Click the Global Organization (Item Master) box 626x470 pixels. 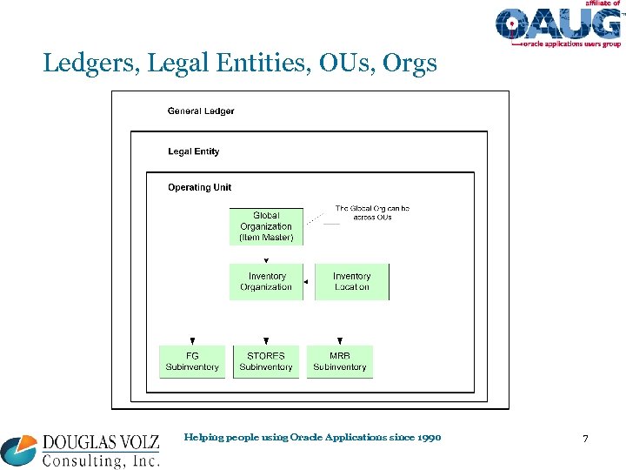pyautogui.click(x=266, y=226)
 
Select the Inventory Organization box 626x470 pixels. pyautogui.click(x=266, y=282)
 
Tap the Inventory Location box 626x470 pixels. pyautogui.click(x=351, y=282)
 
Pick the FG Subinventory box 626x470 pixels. pyautogui.click(x=192, y=361)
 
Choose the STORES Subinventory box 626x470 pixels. pyautogui.click(x=266, y=361)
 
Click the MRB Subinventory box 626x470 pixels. pyautogui.click(x=339, y=361)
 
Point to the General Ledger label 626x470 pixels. pyautogui.click(x=201, y=111)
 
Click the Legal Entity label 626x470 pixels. pyautogui.click(x=194, y=151)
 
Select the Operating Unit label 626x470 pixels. pyautogui.click(x=200, y=187)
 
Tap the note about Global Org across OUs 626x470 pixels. pyautogui.click(x=372, y=212)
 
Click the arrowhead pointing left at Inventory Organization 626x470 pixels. pyautogui.click(x=305, y=282)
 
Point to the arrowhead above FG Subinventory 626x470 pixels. pyautogui.click(x=192, y=341)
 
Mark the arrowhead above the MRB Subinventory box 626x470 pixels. pyautogui.click(x=339, y=341)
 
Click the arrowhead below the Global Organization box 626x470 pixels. pyautogui.click(x=266, y=258)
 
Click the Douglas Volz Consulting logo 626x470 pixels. pyautogui.click(x=80, y=451)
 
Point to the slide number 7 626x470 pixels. pyautogui.click(x=585, y=439)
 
